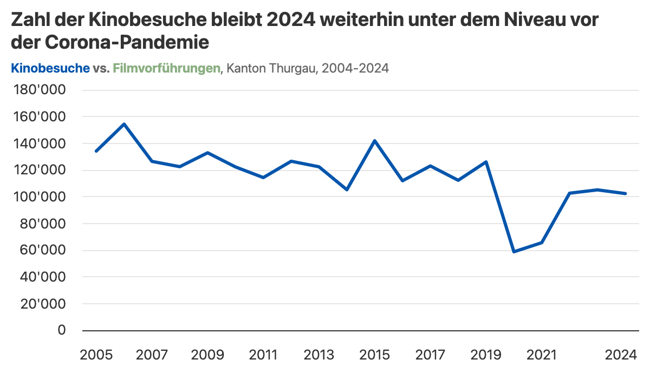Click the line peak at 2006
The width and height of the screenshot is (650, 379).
click(x=124, y=124)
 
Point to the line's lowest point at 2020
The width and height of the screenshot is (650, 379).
click(x=513, y=252)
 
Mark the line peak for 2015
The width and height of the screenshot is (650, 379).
click(x=374, y=141)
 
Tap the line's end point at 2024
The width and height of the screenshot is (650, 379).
click(x=625, y=193)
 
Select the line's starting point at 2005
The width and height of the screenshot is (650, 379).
click(x=96, y=151)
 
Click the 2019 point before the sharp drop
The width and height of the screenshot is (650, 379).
click(x=486, y=162)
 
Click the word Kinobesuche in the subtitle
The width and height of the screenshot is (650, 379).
click(x=50, y=68)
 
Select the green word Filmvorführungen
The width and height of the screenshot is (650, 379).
click(x=166, y=68)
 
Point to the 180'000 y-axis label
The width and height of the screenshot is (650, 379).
click(x=38, y=90)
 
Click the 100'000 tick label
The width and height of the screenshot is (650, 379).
click(x=38, y=197)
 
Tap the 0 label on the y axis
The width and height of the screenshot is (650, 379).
click(x=61, y=330)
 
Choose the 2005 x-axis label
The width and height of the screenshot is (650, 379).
click(x=96, y=355)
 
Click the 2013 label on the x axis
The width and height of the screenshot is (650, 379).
click(x=318, y=355)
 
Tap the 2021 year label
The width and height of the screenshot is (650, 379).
click(x=541, y=355)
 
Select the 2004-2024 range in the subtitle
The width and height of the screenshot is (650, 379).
click(x=356, y=68)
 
